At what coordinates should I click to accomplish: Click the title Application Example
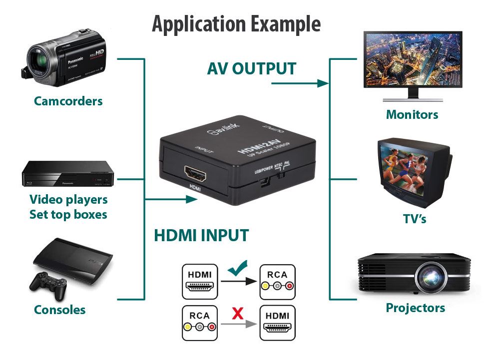[x=236, y=23]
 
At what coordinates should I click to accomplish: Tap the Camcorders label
[x=68, y=101]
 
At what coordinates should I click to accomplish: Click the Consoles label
[x=59, y=310]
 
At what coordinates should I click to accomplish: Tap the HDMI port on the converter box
[x=196, y=174]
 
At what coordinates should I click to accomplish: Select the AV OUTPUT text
[x=252, y=68]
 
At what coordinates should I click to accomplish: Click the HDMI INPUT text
[x=201, y=235]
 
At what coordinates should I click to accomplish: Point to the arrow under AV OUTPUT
[x=300, y=83]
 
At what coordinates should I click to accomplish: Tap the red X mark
[x=238, y=314]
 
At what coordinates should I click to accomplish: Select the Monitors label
[x=412, y=114]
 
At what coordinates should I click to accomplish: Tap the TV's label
[x=415, y=219]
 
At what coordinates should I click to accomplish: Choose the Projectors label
[x=415, y=308]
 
